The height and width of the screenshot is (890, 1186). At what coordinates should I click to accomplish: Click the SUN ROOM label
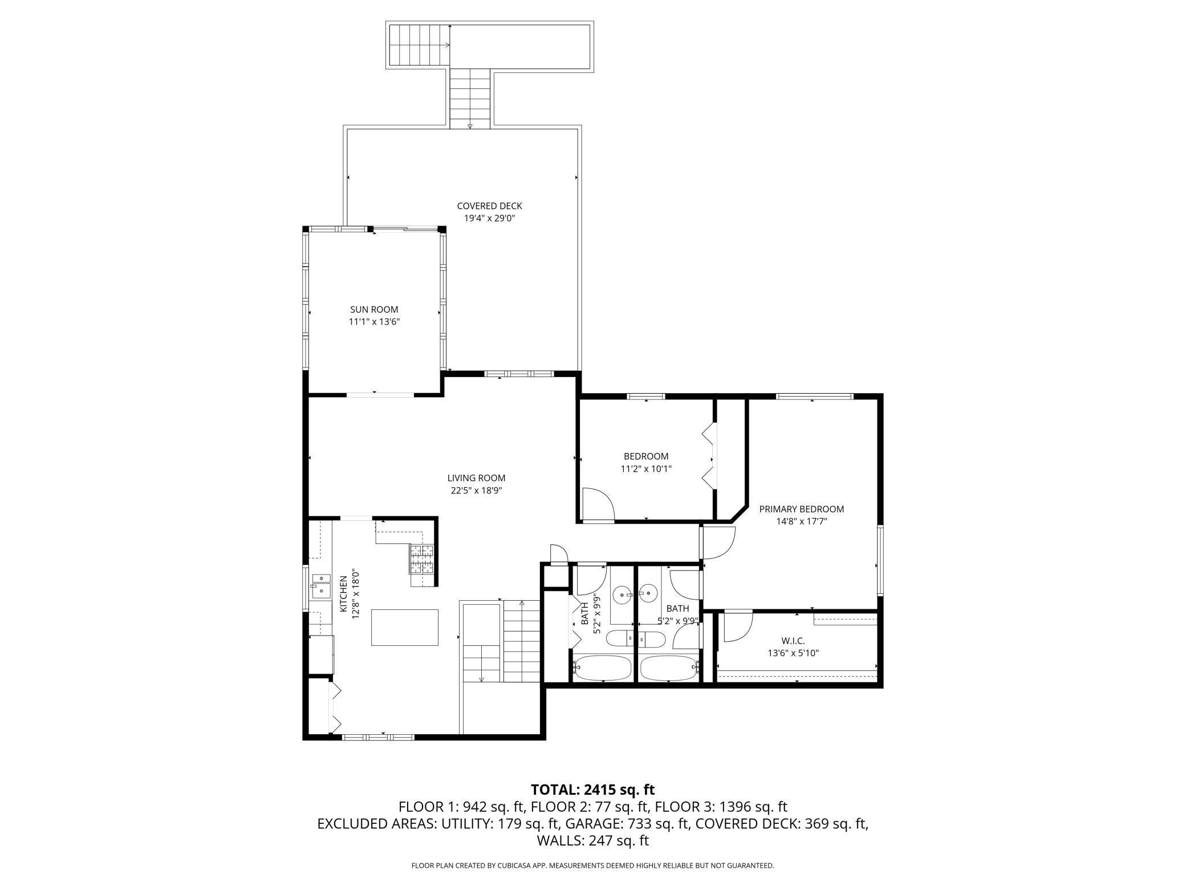click(374, 310)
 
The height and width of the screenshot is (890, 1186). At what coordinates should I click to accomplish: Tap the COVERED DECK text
click(490, 206)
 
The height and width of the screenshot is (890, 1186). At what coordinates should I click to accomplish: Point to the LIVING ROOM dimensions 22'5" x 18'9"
click(476, 491)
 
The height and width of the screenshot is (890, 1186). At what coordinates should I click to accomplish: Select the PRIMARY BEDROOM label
click(802, 509)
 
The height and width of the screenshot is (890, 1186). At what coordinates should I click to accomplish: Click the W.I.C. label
click(793, 641)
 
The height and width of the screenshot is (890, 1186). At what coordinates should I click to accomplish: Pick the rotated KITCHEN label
click(343, 594)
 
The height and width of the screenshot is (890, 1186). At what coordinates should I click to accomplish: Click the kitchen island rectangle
click(405, 628)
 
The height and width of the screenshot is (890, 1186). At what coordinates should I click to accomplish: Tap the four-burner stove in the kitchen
click(421, 559)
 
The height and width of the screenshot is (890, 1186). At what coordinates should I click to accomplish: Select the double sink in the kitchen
click(321, 586)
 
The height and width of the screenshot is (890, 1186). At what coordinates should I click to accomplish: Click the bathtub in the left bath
click(602, 667)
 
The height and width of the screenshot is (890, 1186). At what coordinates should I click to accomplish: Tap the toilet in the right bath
click(652, 639)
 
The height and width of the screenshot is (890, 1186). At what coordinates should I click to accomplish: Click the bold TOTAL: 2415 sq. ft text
click(593, 790)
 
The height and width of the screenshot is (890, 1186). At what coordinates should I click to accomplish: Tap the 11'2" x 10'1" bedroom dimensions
click(646, 469)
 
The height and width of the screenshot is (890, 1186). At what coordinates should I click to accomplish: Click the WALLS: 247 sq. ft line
click(593, 840)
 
